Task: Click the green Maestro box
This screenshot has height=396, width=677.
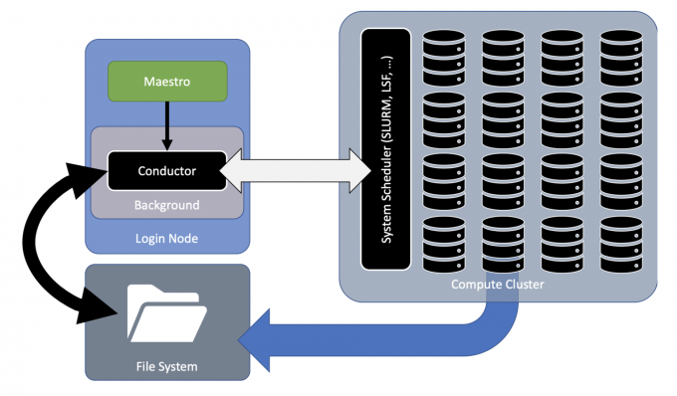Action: click(x=167, y=81)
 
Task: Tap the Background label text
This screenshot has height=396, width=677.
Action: click(x=167, y=205)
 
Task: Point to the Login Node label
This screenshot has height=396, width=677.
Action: click(x=167, y=239)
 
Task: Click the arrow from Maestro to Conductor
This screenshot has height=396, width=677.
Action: click(x=167, y=125)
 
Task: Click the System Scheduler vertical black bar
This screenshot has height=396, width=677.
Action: click(x=385, y=149)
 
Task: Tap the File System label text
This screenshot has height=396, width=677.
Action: click(x=167, y=367)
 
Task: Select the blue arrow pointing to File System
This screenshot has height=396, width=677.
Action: click(x=398, y=333)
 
